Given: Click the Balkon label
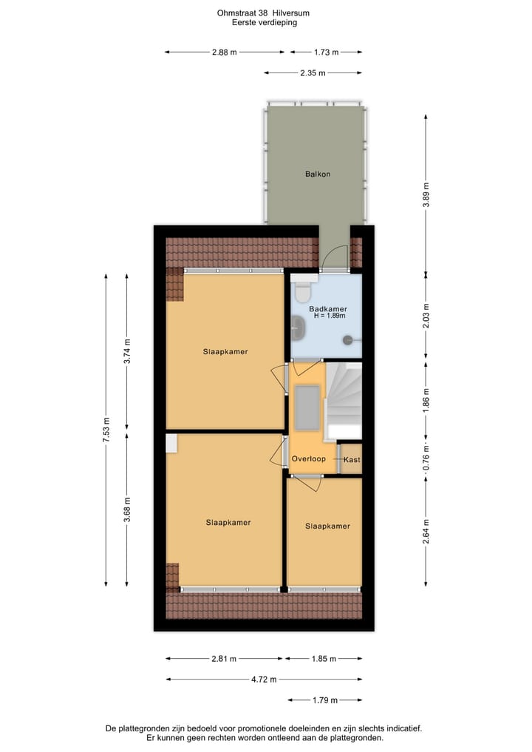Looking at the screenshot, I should [318, 175].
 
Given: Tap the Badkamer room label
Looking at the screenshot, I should [328, 309].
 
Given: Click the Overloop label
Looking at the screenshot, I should [308, 459].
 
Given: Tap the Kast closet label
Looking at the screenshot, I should [352, 460].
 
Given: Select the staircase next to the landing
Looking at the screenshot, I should [344, 399].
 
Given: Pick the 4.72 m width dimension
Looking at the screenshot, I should [264, 680].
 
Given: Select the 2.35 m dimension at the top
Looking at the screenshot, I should [313, 72].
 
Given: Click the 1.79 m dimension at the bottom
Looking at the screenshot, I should [325, 700].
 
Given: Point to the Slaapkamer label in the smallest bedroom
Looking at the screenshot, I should [327, 526].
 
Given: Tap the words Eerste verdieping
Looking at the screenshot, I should [264, 23].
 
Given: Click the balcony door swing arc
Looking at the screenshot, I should [332, 256].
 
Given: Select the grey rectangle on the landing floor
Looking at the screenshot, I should [306, 407].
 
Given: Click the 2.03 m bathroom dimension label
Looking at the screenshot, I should [426, 316].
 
